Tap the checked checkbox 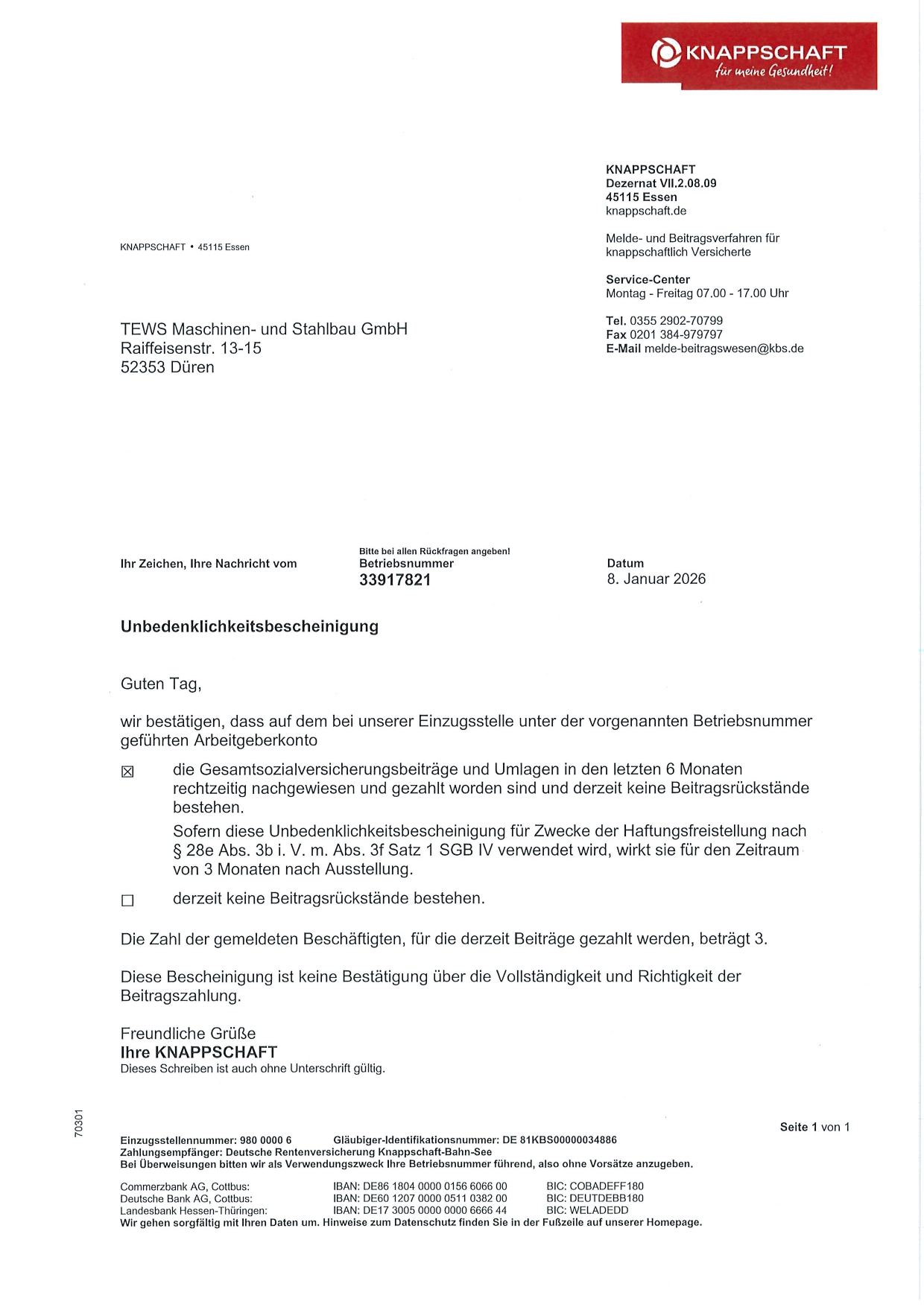(x=127, y=772)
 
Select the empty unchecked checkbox (x=127, y=900)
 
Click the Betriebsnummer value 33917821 (x=395, y=580)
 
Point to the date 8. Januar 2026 (x=656, y=579)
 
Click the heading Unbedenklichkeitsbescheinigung (x=250, y=626)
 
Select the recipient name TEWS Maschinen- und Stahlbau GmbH (x=264, y=329)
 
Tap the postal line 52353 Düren (x=168, y=367)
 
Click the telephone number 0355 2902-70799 (x=676, y=321)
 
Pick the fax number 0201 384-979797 (x=676, y=334)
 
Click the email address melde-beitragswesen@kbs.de (x=724, y=349)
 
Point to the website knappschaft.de (x=646, y=211)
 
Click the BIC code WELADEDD (x=598, y=1210)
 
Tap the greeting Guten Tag (x=161, y=684)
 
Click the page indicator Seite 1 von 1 (x=814, y=1127)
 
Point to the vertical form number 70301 (x=79, y=1122)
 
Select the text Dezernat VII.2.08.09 (x=661, y=183)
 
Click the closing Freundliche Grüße (x=188, y=1033)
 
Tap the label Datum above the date (x=625, y=564)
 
